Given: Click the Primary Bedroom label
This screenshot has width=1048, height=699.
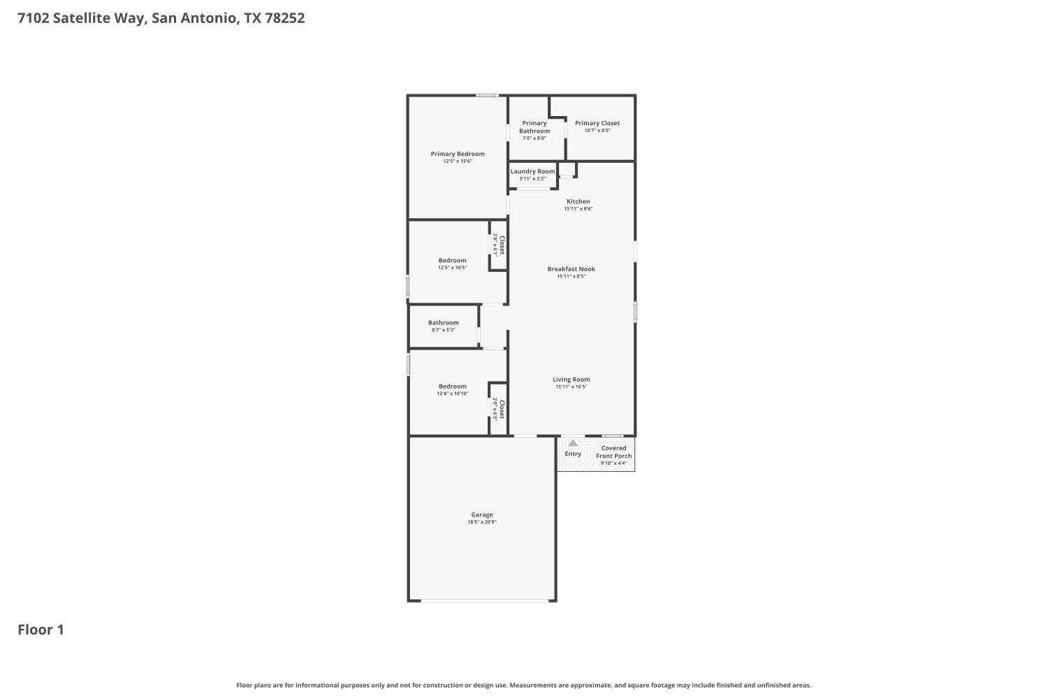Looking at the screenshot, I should pyautogui.click(x=457, y=154).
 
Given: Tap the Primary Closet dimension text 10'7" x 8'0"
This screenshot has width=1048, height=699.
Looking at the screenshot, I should pyautogui.click(x=597, y=131).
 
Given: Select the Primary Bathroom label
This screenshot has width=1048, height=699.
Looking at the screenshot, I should pyautogui.click(x=534, y=127).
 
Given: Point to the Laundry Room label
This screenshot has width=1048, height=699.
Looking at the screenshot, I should pyautogui.click(x=532, y=171).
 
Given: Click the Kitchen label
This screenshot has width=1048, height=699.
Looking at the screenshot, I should pyautogui.click(x=578, y=201).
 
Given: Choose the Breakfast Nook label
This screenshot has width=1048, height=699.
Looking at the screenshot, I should pyautogui.click(x=571, y=268).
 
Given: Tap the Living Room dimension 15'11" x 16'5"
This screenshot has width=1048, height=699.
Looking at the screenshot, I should pyautogui.click(x=571, y=387).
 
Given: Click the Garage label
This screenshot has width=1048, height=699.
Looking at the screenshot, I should pyautogui.click(x=481, y=514).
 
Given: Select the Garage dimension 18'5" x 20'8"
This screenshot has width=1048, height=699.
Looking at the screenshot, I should pyautogui.click(x=481, y=522).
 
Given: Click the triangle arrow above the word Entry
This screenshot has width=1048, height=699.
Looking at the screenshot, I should pyautogui.click(x=573, y=442).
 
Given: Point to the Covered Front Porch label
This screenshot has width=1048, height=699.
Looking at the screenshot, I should pyautogui.click(x=613, y=452).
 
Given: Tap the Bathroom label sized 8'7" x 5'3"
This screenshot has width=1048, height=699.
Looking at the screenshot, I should pyautogui.click(x=443, y=323).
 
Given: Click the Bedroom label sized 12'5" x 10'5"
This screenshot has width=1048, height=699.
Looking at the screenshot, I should pyautogui.click(x=452, y=260).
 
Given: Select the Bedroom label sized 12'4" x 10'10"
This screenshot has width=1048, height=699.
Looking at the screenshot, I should pyautogui.click(x=452, y=386).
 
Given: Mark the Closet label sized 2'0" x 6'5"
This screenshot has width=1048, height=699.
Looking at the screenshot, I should pyautogui.click(x=502, y=408).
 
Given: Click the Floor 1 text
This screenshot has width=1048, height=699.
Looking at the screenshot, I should pyautogui.click(x=41, y=630).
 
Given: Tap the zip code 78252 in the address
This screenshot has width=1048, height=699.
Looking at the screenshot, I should pyautogui.click(x=284, y=18).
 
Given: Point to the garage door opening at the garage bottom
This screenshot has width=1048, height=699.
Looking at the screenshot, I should pyautogui.click(x=481, y=600).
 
